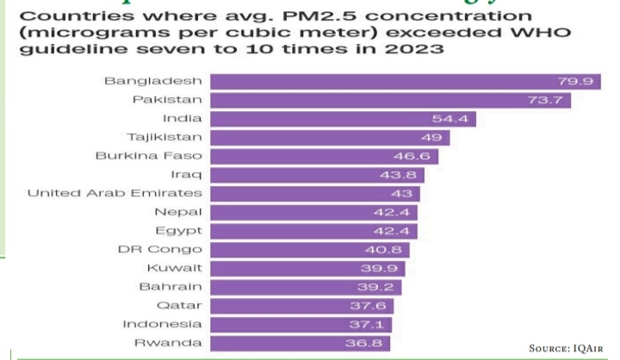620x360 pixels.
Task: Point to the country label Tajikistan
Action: pos(164,137)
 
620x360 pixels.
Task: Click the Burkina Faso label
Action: pos(149,156)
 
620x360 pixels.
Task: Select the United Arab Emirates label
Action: pos(115,193)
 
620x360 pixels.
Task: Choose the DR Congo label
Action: pos(160,250)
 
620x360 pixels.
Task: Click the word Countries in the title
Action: pos(65,14)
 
